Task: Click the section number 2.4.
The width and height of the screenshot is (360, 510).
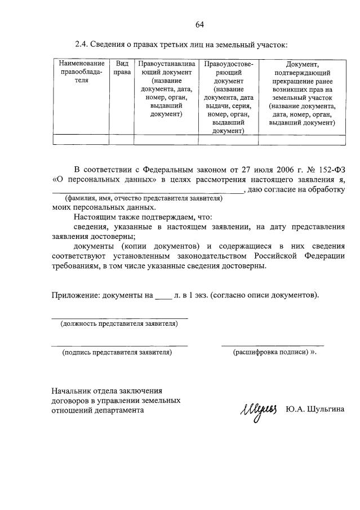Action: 82,44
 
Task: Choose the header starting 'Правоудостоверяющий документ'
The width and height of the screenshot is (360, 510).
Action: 228,97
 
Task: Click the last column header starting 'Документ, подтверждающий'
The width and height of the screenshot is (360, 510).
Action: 302,93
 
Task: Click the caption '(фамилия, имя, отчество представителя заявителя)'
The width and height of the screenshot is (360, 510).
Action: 144,198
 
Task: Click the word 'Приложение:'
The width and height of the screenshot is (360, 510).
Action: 74,295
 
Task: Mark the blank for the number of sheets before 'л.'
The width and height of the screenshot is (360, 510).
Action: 162,295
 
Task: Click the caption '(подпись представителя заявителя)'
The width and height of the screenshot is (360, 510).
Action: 117,352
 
